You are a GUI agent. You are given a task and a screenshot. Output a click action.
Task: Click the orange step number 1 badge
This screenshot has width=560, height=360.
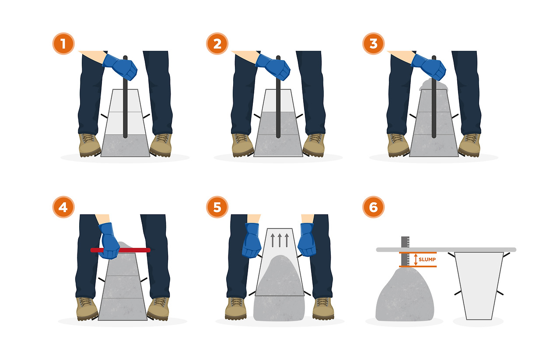63,43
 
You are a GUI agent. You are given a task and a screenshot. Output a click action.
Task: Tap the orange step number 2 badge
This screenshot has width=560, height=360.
217,43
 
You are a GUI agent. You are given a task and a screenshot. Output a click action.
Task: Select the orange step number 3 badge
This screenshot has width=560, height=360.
373,43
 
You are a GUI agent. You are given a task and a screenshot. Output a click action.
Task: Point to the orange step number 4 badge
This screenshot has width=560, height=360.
63,207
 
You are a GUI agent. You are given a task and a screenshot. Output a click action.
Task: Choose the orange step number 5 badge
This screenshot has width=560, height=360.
217,207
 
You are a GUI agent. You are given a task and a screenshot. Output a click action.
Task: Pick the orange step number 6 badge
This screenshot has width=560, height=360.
373,207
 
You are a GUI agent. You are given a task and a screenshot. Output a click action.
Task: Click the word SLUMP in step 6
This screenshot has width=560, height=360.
427,259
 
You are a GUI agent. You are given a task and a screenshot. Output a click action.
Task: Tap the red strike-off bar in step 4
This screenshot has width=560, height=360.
120,250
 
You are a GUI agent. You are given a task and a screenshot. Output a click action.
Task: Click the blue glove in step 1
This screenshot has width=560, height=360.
120,67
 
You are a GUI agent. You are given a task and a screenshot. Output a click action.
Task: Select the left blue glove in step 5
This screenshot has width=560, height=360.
252,240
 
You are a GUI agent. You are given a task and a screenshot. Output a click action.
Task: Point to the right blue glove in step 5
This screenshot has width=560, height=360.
307,240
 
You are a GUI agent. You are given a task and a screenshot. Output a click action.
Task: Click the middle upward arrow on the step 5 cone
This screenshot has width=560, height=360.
280,240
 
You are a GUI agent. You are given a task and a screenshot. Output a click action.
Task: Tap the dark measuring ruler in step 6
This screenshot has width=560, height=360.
405,251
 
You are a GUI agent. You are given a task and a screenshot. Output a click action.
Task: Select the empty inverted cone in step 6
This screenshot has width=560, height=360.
479,286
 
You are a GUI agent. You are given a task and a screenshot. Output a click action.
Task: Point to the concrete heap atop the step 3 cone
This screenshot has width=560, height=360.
433,84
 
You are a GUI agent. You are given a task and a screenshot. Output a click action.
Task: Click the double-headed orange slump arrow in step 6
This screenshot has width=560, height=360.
416,259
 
